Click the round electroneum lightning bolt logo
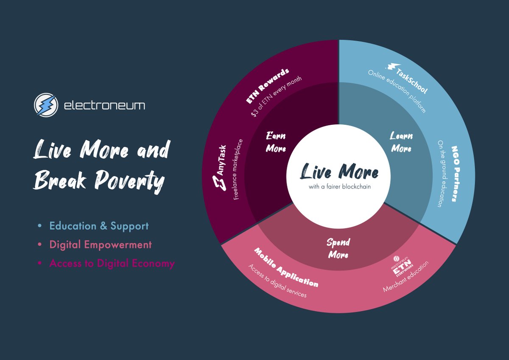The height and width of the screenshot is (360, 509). click(x=46, y=105)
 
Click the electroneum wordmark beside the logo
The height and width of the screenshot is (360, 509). click(x=104, y=105)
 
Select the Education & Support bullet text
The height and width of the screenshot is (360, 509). click(x=99, y=226)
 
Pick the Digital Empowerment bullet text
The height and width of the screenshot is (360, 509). click(x=100, y=245)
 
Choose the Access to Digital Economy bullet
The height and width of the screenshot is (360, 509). click(x=112, y=263)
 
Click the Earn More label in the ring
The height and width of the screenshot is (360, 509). click(x=276, y=142)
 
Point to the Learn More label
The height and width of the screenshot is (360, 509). click(x=401, y=142)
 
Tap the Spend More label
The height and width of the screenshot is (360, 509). click(x=338, y=248)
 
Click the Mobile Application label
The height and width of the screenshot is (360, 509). click(x=285, y=267)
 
